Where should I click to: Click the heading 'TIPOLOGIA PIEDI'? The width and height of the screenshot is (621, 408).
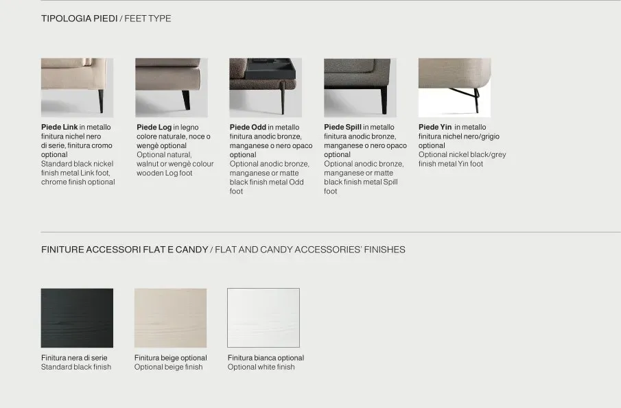tap(79, 19)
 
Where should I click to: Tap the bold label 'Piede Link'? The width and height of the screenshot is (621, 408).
tap(60, 127)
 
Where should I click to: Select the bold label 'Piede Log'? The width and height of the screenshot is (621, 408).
tap(154, 127)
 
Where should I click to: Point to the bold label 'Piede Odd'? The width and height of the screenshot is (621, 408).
tap(248, 127)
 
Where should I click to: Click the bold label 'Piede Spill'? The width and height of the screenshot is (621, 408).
tap(342, 127)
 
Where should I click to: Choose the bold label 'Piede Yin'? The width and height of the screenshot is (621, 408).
tap(435, 127)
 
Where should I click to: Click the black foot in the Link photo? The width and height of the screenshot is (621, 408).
tap(101, 101)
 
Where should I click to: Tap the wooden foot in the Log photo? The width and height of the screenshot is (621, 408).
tap(186, 100)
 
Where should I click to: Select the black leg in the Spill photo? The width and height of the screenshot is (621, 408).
tap(384, 101)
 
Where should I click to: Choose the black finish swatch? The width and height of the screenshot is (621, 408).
tap(78, 318)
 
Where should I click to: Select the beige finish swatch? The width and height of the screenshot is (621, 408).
tap(170, 318)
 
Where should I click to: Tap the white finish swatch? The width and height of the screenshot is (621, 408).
tap(263, 318)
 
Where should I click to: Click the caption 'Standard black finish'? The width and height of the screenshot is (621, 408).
tap(76, 367)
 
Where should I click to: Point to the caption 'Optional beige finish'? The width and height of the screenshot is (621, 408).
tap(168, 367)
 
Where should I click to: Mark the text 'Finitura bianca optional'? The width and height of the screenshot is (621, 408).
tap(266, 358)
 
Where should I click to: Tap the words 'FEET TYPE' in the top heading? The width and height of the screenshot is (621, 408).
tap(148, 19)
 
